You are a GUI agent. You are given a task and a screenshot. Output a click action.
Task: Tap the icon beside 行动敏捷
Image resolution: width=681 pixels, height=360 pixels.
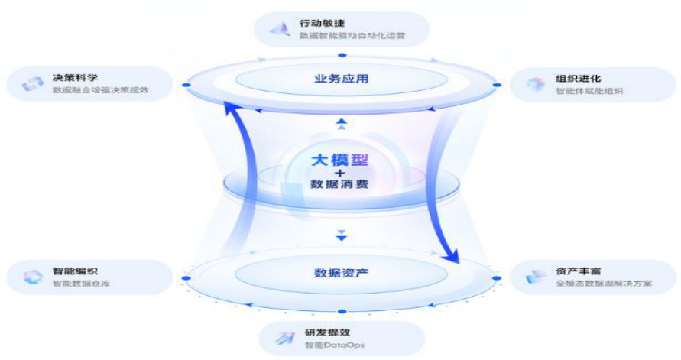[x=277, y=30]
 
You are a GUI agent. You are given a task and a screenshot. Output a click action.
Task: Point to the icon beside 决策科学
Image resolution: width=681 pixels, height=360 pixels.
[x=32, y=83]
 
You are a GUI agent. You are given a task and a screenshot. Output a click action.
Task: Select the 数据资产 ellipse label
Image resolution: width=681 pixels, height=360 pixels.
[x=342, y=273]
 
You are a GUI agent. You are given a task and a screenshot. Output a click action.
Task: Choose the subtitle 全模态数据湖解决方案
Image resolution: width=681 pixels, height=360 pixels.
[x=604, y=284]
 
